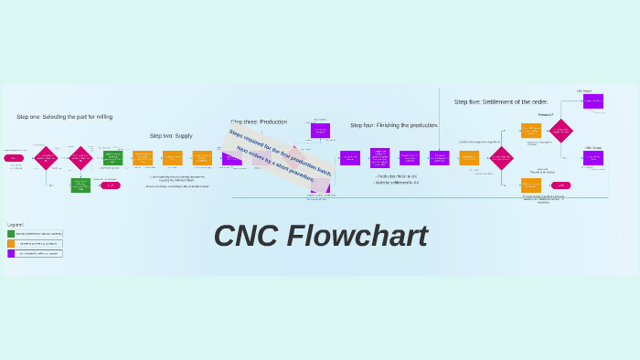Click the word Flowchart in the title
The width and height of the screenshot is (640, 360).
click(x=357, y=236)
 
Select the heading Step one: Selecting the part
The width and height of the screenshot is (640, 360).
click(x=64, y=117)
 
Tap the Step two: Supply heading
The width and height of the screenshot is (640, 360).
click(x=171, y=135)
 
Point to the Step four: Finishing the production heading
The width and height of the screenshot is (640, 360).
click(x=394, y=125)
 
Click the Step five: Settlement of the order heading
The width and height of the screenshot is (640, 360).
click(x=501, y=101)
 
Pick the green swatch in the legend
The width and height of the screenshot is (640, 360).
click(x=11, y=234)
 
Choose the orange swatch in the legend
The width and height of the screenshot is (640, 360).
click(x=11, y=244)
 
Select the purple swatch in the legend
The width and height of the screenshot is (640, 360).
click(x=11, y=253)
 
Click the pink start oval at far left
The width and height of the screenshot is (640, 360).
click(x=14, y=158)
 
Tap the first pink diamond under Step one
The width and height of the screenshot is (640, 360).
click(x=46, y=158)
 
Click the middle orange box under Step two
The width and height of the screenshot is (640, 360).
click(x=172, y=158)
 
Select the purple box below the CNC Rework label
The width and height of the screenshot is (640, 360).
click(x=593, y=101)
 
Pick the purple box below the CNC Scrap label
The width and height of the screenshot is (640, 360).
click(x=593, y=158)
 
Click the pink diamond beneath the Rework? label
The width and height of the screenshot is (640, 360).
click(x=560, y=131)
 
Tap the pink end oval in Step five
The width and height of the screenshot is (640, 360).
click(x=560, y=185)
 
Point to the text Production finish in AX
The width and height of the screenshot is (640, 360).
click(x=396, y=176)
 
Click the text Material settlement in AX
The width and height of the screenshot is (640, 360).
click(x=396, y=183)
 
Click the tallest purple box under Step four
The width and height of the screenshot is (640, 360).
click(x=379, y=158)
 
